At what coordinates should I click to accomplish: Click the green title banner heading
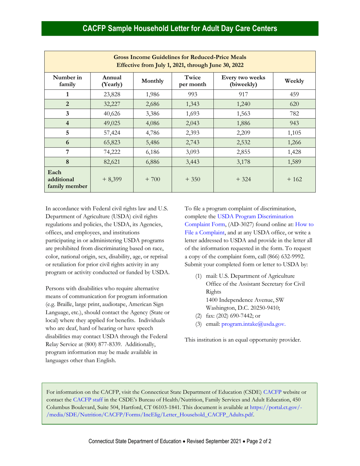[180, 28]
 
